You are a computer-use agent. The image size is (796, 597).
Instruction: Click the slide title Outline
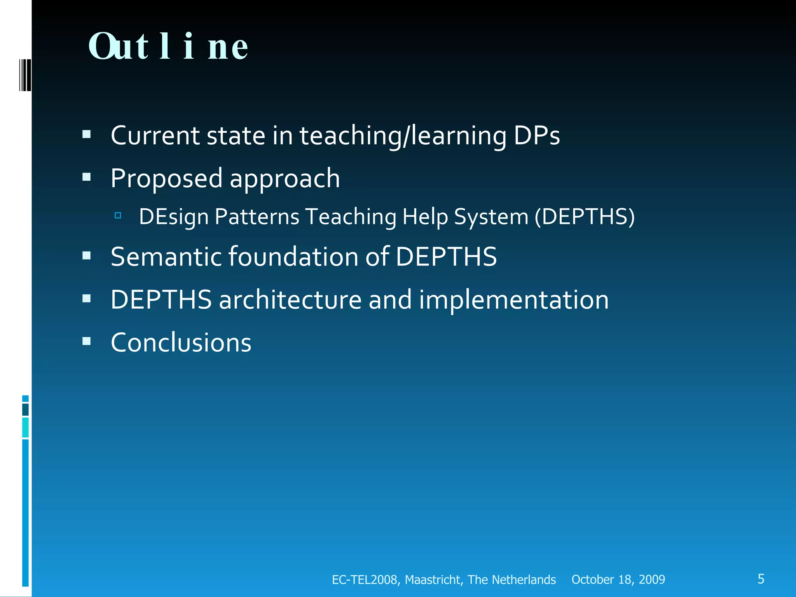click(x=168, y=47)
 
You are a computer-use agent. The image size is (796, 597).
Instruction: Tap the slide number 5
click(x=761, y=579)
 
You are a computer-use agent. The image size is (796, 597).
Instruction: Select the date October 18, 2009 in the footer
click(x=618, y=580)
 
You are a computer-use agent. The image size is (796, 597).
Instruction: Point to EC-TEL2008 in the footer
click(x=365, y=580)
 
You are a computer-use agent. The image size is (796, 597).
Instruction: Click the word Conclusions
click(x=181, y=342)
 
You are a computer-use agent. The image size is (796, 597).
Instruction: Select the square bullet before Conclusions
click(x=87, y=341)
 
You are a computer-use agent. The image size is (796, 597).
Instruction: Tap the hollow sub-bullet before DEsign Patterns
click(x=118, y=215)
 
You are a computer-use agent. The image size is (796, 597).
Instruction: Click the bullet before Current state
click(x=87, y=134)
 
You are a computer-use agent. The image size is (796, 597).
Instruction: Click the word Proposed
click(x=167, y=178)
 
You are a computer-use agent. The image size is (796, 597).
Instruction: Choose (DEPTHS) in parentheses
click(x=585, y=216)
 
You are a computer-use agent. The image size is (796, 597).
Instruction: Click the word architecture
click(x=290, y=300)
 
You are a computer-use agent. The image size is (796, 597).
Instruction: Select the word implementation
click(x=513, y=300)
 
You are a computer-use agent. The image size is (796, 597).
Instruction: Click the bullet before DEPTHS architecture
click(x=87, y=298)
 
